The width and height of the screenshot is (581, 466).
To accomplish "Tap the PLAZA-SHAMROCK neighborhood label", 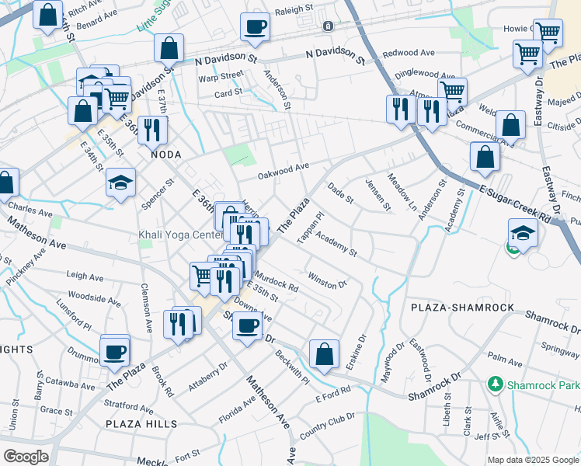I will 463,308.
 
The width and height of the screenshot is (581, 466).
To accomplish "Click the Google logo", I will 26,457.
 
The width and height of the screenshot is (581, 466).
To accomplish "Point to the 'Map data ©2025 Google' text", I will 532,460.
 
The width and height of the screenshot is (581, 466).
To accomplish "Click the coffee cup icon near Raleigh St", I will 255,27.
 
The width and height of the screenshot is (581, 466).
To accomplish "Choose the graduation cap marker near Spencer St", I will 120,183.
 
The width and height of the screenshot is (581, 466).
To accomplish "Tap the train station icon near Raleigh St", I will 328,26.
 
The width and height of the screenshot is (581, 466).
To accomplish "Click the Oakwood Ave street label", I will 284,168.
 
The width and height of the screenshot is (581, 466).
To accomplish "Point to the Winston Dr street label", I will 326,280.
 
